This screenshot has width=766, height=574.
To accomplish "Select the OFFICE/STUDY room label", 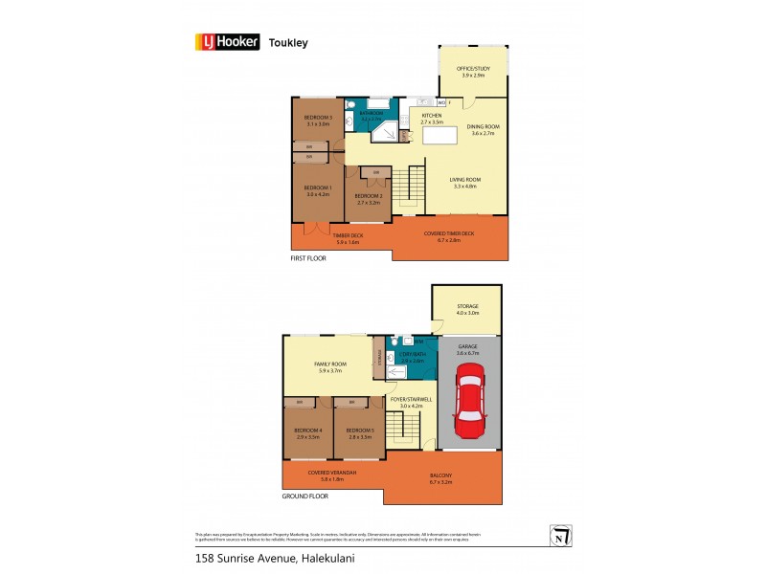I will click(472, 69).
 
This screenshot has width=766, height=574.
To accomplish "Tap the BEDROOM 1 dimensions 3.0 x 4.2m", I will click(318, 194).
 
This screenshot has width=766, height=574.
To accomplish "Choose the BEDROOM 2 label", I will click(370, 196).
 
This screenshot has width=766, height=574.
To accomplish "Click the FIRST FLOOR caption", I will click(309, 258).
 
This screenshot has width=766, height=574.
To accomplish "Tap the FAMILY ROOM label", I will click(329, 364).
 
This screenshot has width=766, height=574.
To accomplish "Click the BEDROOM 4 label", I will click(307, 430).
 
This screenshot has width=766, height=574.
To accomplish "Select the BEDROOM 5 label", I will click(359, 430).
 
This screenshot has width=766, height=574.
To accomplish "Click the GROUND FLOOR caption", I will click(305, 497).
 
